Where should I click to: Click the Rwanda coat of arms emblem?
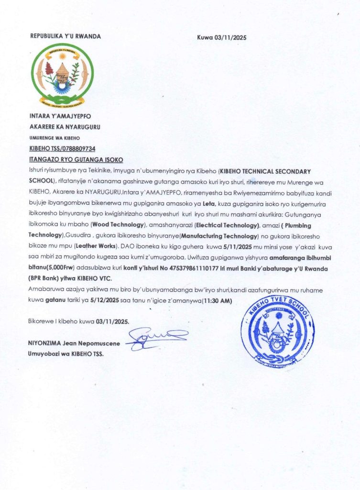pos(62,75)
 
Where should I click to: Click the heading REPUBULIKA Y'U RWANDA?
pos(65,36)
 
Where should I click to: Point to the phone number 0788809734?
pos(77,149)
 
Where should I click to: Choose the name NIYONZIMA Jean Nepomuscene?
pos(74,344)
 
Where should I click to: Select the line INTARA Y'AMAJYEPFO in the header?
pos(60,116)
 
